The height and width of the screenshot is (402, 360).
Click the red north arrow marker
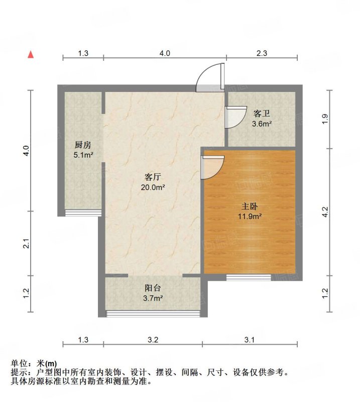[x=31, y=54]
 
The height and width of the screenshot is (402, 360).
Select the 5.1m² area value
[x=83, y=155]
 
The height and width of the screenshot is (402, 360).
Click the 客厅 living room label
[x=153, y=177]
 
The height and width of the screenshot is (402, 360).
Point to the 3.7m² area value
[x=153, y=298]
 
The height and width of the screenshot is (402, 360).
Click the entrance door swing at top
[x=210, y=78]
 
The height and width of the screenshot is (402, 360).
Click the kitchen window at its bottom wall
[x=83, y=213]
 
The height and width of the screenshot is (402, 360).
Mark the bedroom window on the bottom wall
[x=248, y=277]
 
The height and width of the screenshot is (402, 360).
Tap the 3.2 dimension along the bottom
[x=153, y=340]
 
